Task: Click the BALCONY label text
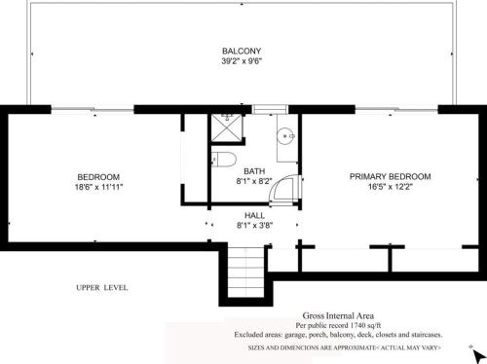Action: coord(241,51)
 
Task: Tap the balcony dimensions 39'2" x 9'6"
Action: coord(241,61)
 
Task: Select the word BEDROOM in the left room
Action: coord(98,176)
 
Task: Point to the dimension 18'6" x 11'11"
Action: coord(98,187)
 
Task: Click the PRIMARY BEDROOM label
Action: coord(390,176)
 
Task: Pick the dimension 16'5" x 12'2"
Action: coord(390,187)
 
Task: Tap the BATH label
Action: coord(254,169)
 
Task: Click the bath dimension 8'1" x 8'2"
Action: coord(254,180)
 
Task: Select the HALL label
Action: coord(254,214)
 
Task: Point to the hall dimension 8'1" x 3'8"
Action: coord(254,225)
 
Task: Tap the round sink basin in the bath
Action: coord(284,136)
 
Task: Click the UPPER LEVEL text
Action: coord(101,288)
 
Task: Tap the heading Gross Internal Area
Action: coord(339,315)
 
